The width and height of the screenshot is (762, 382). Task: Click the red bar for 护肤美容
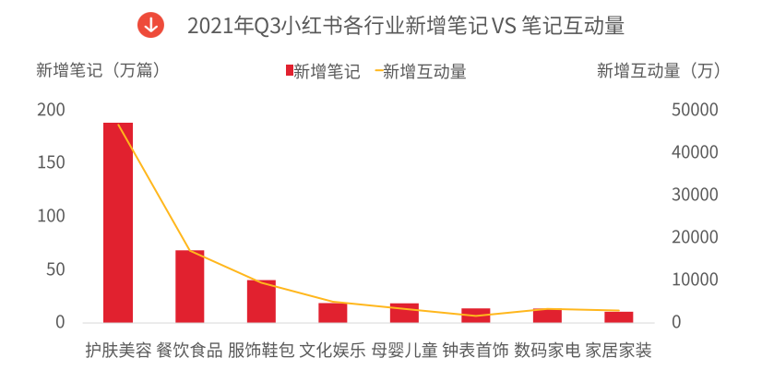click(x=117, y=222)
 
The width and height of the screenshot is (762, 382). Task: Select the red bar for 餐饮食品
click(x=189, y=286)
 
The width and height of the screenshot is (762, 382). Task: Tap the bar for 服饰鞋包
click(x=261, y=301)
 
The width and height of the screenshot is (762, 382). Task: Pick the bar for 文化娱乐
click(x=332, y=313)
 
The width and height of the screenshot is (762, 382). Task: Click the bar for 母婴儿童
click(x=404, y=313)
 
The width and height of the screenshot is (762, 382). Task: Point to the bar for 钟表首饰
click(x=475, y=316)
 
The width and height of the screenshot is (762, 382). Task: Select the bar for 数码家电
click(x=547, y=316)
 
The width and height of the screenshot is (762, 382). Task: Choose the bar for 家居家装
click(x=618, y=317)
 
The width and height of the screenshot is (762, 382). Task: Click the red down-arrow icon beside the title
click(x=150, y=25)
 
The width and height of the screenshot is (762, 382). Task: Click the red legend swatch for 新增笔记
click(x=289, y=71)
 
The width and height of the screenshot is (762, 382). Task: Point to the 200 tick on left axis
click(x=51, y=110)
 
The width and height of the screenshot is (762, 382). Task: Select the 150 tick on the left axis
click(x=51, y=163)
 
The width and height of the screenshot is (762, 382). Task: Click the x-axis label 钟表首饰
click(x=475, y=351)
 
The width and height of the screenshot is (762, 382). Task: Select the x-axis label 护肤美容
click(x=117, y=351)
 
